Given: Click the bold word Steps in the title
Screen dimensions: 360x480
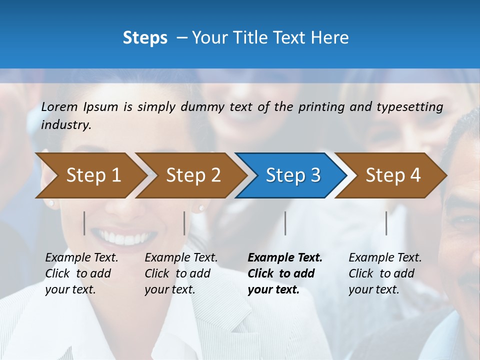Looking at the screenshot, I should click(145, 38).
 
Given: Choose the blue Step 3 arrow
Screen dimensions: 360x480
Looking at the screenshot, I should click(293, 175).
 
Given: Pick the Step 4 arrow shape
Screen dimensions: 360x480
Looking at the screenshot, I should click(393, 175).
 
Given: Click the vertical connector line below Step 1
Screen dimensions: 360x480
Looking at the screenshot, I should click(84, 223).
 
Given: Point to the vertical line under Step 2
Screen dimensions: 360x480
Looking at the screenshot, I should click(184, 223).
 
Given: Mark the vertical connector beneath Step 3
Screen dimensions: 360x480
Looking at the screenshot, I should click(285, 223).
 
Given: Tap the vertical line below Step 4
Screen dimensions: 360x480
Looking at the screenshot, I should click(386, 223).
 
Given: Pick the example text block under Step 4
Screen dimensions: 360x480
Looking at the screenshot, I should click(385, 273).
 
